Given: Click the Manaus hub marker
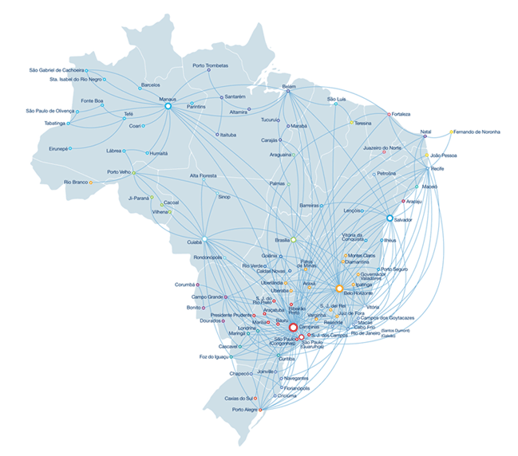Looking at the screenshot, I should [x=168, y=105].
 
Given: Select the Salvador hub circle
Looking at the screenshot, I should [x=389, y=218].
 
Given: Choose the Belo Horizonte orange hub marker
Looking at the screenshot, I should [x=339, y=288].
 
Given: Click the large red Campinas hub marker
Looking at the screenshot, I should [x=292, y=327].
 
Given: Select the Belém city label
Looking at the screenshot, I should [x=289, y=86].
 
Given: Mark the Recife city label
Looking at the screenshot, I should [x=437, y=170].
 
